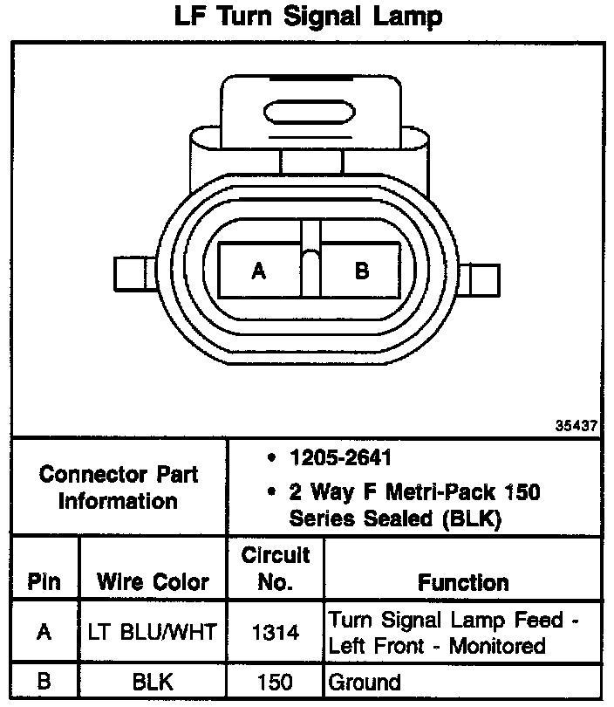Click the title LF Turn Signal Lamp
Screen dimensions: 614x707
pyautogui.click(x=308, y=17)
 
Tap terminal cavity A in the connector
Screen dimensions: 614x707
pyautogui.click(x=260, y=270)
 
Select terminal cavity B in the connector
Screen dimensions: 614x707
pyautogui.click(x=360, y=270)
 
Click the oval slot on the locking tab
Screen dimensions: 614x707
pyautogui.click(x=310, y=112)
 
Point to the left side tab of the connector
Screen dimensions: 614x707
pyautogui.click(x=134, y=274)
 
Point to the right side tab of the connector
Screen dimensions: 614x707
pyautogui.click(x=480, y=280)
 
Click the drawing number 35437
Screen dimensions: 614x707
pyautogui.click(x=576, y=425)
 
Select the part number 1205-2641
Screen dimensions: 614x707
pyautogui.click(x=340, y=457)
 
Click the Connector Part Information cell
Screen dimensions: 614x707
pyautogui.click(x=119, y=488)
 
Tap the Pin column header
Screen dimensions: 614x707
pyautogui.click(x=44, y=581)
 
